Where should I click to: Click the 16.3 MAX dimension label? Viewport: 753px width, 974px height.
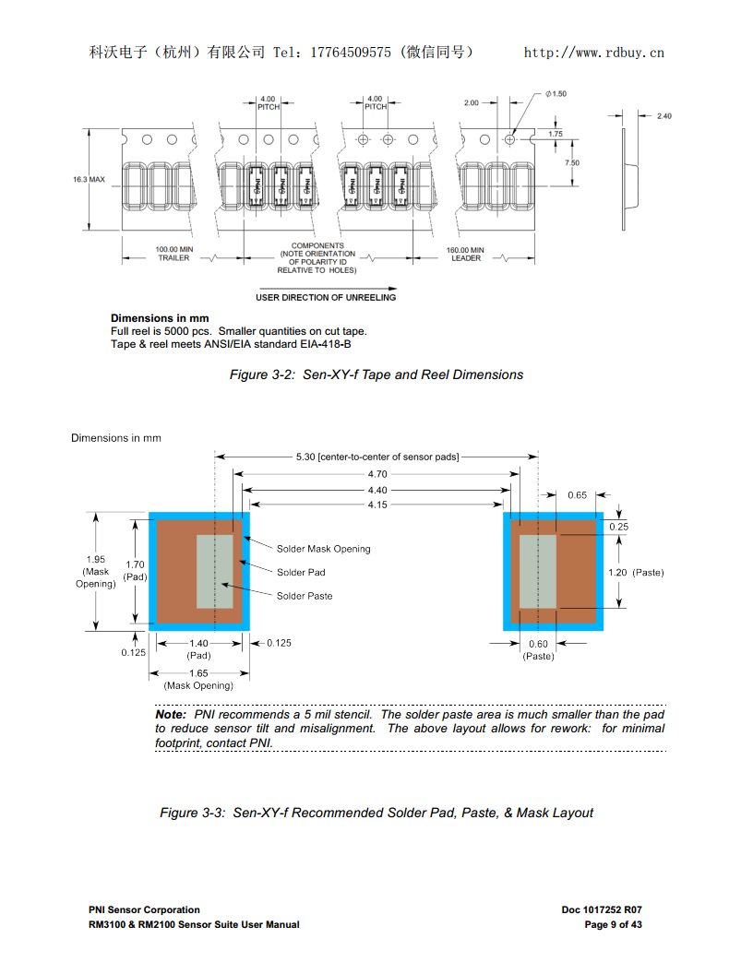[x=89, y=179]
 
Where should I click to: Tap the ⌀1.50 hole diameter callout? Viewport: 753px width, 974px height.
[x=556, y=94]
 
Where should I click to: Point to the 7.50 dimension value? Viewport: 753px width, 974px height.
[x=571, y=162]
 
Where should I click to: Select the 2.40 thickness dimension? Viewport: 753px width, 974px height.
[x=663, y=116]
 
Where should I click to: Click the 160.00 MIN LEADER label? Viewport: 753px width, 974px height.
[x=465, y=254]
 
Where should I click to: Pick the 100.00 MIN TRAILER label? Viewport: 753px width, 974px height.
[x=173, y=254]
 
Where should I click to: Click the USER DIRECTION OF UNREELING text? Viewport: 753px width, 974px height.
[x=326, y=298]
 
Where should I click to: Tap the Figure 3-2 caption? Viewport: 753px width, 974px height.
[x=376, y=374]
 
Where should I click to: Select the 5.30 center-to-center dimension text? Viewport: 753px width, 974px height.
[x=376, y=457]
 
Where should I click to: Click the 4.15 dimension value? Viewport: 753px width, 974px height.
[x=376, y=505]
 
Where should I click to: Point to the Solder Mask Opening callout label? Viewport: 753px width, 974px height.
[x=323, y=549]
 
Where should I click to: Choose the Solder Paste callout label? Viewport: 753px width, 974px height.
[x=305, y=596]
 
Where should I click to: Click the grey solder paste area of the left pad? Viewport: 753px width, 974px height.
[x=214, y=572]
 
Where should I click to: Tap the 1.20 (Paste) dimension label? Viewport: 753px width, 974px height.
[x=636, y=573]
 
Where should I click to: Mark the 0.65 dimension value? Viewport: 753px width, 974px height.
[x=577, y=495]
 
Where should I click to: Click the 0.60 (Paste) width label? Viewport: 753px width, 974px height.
[x=538, y=650]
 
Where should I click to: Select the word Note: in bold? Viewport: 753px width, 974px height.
[x=171, y=715]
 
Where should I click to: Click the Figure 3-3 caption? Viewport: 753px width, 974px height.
[x=376, y=813]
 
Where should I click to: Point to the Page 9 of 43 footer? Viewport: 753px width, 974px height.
[x=613, y=924]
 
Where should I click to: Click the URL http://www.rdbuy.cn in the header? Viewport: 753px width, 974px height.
[x=593, y=53]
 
